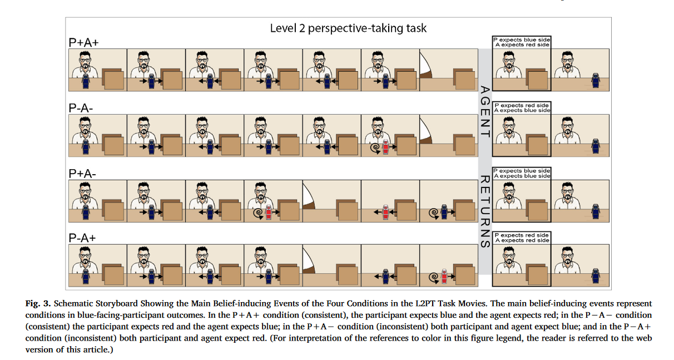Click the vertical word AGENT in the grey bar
pyautogui.click(x=484, y=112)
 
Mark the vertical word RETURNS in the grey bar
pyautogui.click(x=484, y=211)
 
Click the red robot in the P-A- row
pyautogui.click(x=384, y=146)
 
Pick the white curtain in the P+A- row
pyautogui.click(x=309, y=194)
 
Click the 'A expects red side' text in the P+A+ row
pyautogui.click(x=522, y=45)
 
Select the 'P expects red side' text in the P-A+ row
pyautogui.click(x=522, y=235)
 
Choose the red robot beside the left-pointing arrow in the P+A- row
pyautogui.click(x=384, y=211)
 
